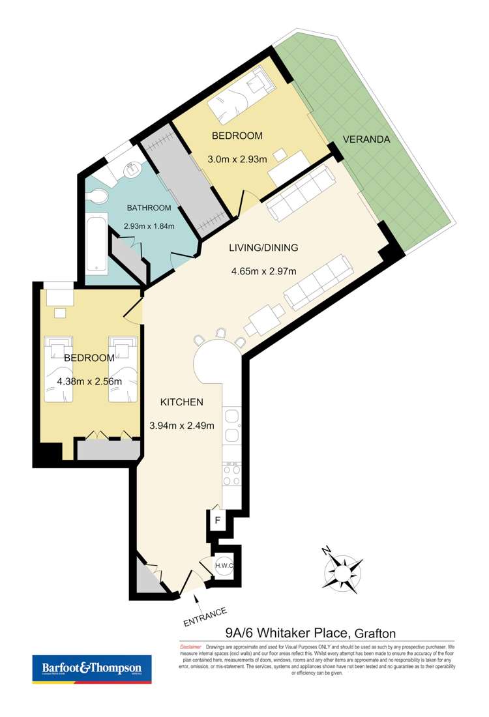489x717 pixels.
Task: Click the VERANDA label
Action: coord(366,139)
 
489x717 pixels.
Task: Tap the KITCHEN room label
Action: coord(182,402)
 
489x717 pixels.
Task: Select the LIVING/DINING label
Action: coord(263,248)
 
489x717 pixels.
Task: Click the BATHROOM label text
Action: coord(149,208)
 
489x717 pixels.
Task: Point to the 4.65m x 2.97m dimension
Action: coord(263,272)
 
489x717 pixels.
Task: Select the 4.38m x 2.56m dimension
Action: coord(89,382)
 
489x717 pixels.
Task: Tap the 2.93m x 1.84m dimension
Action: coord(149,227)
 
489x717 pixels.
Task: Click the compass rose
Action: coord(341,572)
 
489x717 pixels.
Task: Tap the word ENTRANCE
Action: coord(205,617)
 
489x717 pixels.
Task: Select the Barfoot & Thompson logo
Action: coord(92,669)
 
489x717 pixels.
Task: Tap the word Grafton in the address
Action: coord(374,632)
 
